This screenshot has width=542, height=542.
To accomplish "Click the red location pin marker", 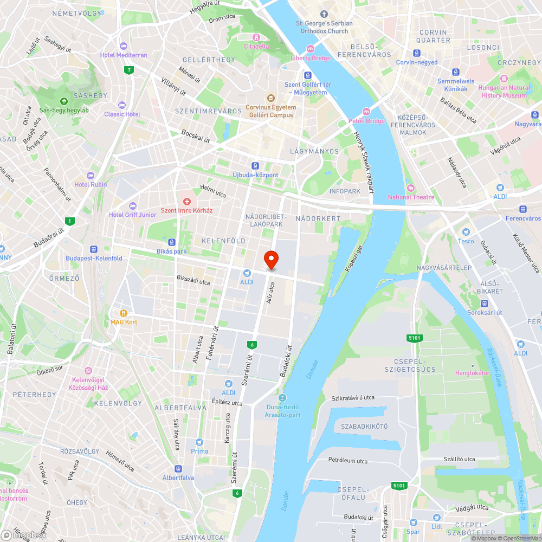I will click(270, 260).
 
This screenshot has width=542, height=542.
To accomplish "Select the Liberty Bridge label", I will click(310, 58).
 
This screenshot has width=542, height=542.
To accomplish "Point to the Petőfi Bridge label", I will click(366, 121).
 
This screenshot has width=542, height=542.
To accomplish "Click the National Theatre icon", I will click(410, 188).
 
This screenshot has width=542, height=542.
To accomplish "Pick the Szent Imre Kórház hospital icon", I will click(187, 202).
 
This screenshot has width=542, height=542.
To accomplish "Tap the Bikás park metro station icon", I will click(172, 242).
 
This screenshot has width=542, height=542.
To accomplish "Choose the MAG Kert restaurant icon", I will click(124, 313).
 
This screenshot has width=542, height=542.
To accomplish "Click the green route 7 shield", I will click(128, 69).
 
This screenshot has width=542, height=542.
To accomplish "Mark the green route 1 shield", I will click(69, 221).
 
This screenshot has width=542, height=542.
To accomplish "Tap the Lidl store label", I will click(437, 527).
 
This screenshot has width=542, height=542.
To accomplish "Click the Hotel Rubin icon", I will click(91, 175).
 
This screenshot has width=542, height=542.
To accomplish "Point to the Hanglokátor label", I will click(472, 373).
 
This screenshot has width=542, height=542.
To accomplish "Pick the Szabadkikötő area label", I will click(364, 426).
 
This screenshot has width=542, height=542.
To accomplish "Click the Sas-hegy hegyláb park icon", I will click(64, 101).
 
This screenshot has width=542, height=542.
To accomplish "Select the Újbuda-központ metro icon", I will click(255, 165).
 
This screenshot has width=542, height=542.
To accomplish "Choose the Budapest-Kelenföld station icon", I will click(94, 249).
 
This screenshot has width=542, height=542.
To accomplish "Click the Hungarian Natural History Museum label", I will click(504, 92).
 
